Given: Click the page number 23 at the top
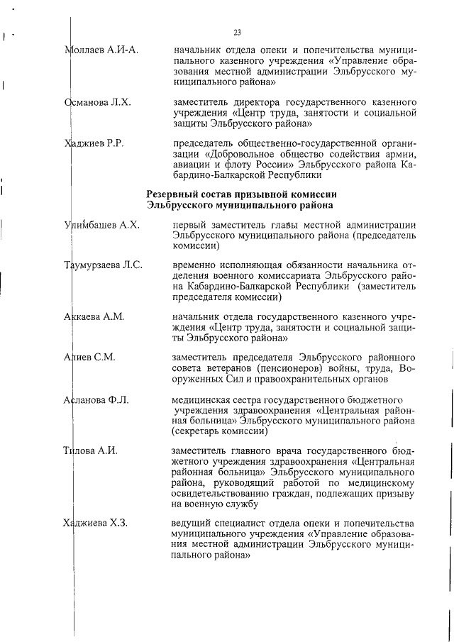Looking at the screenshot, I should point(237,32).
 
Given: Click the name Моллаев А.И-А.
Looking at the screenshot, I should point(101,50).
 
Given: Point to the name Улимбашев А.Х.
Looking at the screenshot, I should point(101,225).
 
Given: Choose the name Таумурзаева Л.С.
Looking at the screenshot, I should point(104,265).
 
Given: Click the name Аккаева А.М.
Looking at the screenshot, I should point(94,316).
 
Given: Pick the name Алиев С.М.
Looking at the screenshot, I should point(90,357).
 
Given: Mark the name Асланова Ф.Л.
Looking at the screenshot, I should point(97,399).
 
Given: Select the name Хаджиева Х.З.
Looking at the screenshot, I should point(96,524).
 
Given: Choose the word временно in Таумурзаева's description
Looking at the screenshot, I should point(194,265).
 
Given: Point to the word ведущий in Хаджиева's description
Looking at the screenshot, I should point(193,524).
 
